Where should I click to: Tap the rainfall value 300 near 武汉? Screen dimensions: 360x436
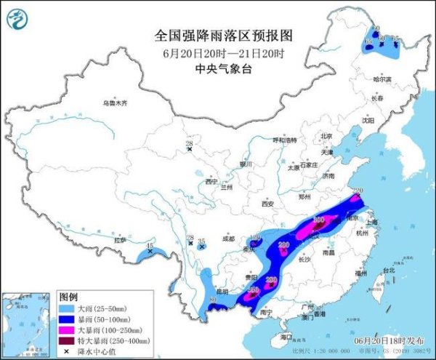coord(318,219)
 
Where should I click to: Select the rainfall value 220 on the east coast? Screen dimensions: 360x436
coord(357,191)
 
